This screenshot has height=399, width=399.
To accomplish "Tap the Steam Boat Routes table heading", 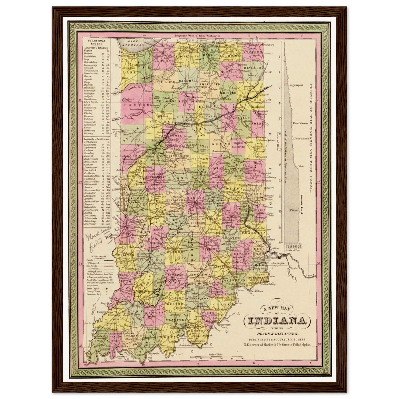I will (95, 42).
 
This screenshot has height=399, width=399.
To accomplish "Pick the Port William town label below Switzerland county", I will (255, 291).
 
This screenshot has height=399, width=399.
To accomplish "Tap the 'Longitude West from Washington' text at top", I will (197, 36).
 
